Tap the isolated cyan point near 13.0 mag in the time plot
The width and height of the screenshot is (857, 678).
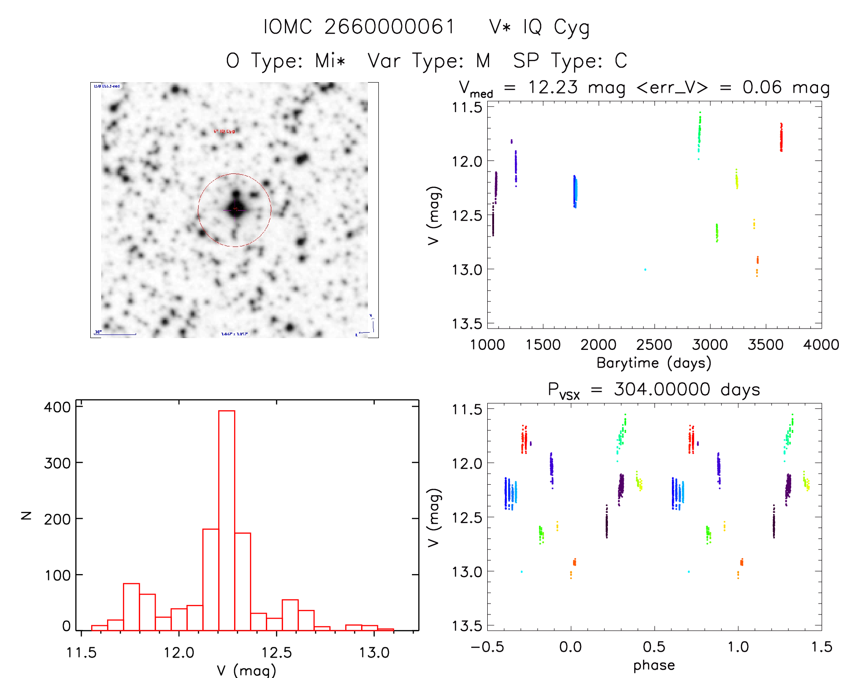(645, 270)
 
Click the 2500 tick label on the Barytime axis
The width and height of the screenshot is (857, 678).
(654, 345)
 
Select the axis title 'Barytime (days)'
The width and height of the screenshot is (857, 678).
(654, 363)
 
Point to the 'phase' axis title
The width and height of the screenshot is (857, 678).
(654, 665)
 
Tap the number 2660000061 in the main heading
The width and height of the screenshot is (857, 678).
(390, 27)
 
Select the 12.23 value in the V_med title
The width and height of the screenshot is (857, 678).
(553, 88)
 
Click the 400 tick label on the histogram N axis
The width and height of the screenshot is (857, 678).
(58, 407)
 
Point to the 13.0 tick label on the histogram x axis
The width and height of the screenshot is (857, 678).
(374, 653)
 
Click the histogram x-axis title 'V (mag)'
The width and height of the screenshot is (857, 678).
(246, 670)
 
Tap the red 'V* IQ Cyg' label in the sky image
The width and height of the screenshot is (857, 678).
(224, 132)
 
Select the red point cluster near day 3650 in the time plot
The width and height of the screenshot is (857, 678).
(781, 137)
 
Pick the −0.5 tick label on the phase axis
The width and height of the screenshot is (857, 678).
(487, 647)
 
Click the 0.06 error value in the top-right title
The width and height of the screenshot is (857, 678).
(762, 88)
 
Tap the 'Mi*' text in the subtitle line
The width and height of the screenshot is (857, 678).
(330, 61)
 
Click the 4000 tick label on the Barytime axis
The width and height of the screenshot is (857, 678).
(821, 345)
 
